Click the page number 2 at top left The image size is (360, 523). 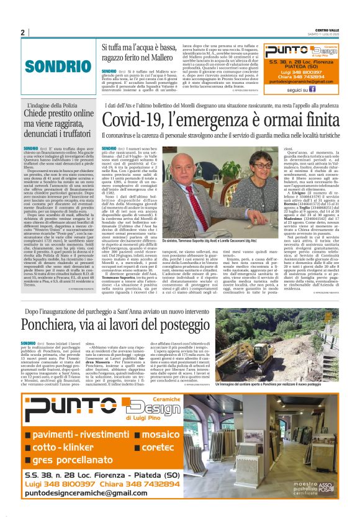(22, 32)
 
